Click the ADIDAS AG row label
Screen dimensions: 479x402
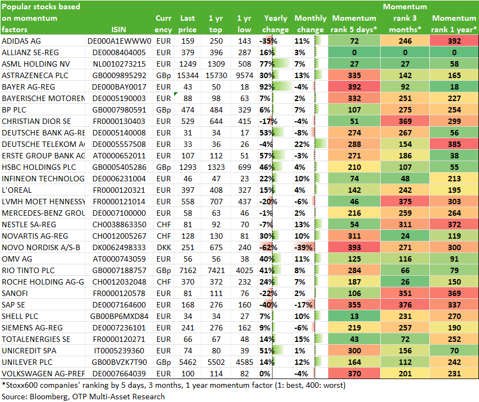21,41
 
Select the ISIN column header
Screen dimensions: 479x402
119,29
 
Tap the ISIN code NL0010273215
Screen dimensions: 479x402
119,64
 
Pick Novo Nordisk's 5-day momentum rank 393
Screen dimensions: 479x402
354,247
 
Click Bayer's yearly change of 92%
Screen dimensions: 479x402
267,87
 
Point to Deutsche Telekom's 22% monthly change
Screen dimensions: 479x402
302,144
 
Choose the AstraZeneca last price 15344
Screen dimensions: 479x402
187,75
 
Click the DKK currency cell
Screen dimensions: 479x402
164,247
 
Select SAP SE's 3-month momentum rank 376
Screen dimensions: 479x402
405,305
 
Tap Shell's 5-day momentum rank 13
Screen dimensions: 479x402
354,316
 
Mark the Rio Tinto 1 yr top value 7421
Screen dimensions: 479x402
216,270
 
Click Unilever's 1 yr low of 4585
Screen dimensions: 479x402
244,362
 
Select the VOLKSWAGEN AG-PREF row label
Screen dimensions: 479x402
43,374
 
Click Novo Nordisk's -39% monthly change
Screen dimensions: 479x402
303,247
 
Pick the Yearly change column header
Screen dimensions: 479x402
275,24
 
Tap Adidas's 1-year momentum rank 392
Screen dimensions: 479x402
454,41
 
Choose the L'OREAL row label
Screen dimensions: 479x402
16,190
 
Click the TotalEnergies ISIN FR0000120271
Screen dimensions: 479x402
119,339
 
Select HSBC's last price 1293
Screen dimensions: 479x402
187,167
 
